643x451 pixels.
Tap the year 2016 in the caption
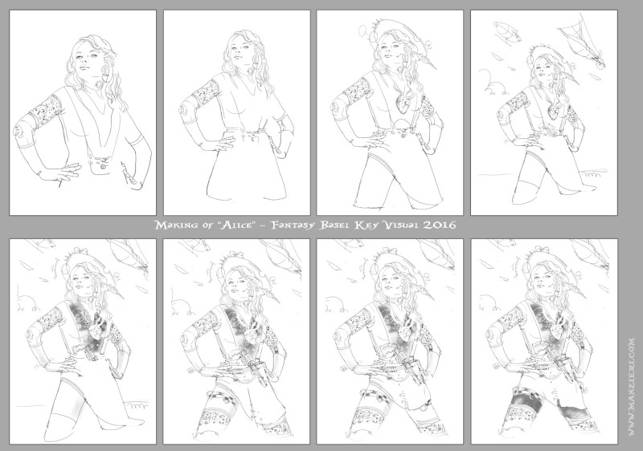click(439, 225)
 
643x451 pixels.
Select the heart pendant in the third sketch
click(402, 106)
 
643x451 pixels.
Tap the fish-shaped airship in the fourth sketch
click(507, 32)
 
